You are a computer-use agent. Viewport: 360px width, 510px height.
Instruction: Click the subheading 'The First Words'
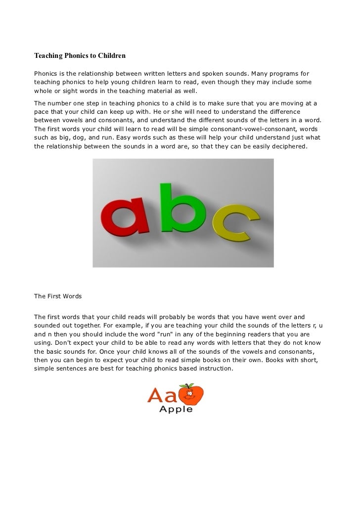point(57,297)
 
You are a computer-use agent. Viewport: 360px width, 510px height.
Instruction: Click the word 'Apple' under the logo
point(176,409)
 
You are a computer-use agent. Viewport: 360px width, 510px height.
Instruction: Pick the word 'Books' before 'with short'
point(280,361)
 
